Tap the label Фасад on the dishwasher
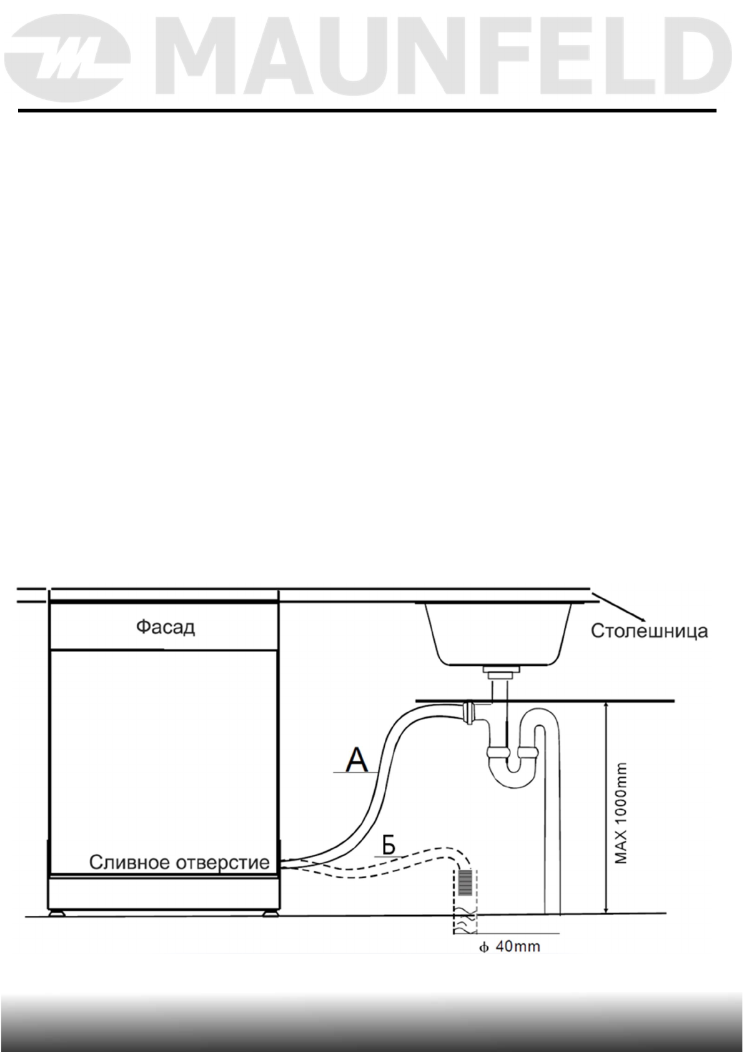pos(166,627)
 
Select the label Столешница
pos(650,631)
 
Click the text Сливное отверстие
pos(179,863)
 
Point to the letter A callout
pos(357,760)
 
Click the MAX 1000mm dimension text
pos(621,812)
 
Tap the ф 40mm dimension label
pos(509,946)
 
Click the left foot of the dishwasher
pos(58,913)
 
